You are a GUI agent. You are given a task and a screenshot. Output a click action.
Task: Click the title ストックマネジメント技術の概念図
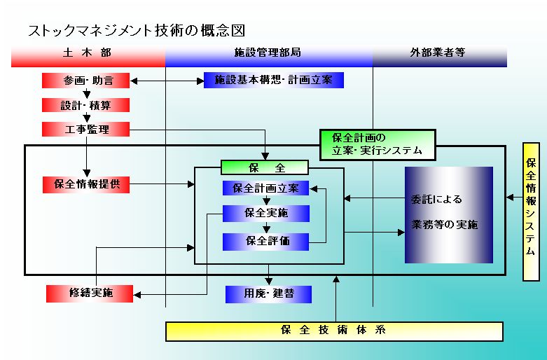click(x=136, y=30)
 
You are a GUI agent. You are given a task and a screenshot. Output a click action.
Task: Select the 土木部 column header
click(x=88, y=53)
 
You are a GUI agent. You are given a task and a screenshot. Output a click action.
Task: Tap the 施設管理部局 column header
click(x=268, y=53)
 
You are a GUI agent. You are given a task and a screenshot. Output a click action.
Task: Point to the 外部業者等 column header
click(x=438, y=53)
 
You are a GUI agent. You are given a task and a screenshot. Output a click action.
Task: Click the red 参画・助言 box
click(x=87, y=81)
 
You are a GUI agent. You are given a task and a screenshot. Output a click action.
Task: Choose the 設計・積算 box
click(x=87, y=105)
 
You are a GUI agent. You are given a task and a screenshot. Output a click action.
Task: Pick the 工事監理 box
click(x=87, y=130)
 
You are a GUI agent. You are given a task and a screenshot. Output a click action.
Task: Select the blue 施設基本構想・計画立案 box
click(x=273, y=81)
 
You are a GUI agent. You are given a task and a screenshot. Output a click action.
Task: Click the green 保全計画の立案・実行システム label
click(x=377, y=143)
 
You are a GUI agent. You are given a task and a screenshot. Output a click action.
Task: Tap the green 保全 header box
click(x=264, y=167)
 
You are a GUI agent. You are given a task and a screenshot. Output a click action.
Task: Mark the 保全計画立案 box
click(x=265, y=188)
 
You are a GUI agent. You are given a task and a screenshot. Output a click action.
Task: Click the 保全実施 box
click(x=265, y=213)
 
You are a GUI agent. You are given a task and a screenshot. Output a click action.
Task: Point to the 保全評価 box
click(x=265, y=241)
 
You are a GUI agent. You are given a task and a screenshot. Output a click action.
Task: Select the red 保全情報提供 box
click(x=87, y=185)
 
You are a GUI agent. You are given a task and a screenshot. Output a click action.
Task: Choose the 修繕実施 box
click(x=89, y=293)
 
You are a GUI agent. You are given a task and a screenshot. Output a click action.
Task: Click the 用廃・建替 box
click(x=268, y=294)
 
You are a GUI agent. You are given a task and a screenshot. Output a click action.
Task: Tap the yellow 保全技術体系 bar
click(x=334, y=331)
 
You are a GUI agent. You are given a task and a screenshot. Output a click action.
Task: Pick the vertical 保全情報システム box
click(x=531, y=211)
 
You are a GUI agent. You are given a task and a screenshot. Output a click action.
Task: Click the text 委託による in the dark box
click(x=436, y=199)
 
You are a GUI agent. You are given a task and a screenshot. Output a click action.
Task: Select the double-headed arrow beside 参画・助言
click(x=167, y=81)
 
